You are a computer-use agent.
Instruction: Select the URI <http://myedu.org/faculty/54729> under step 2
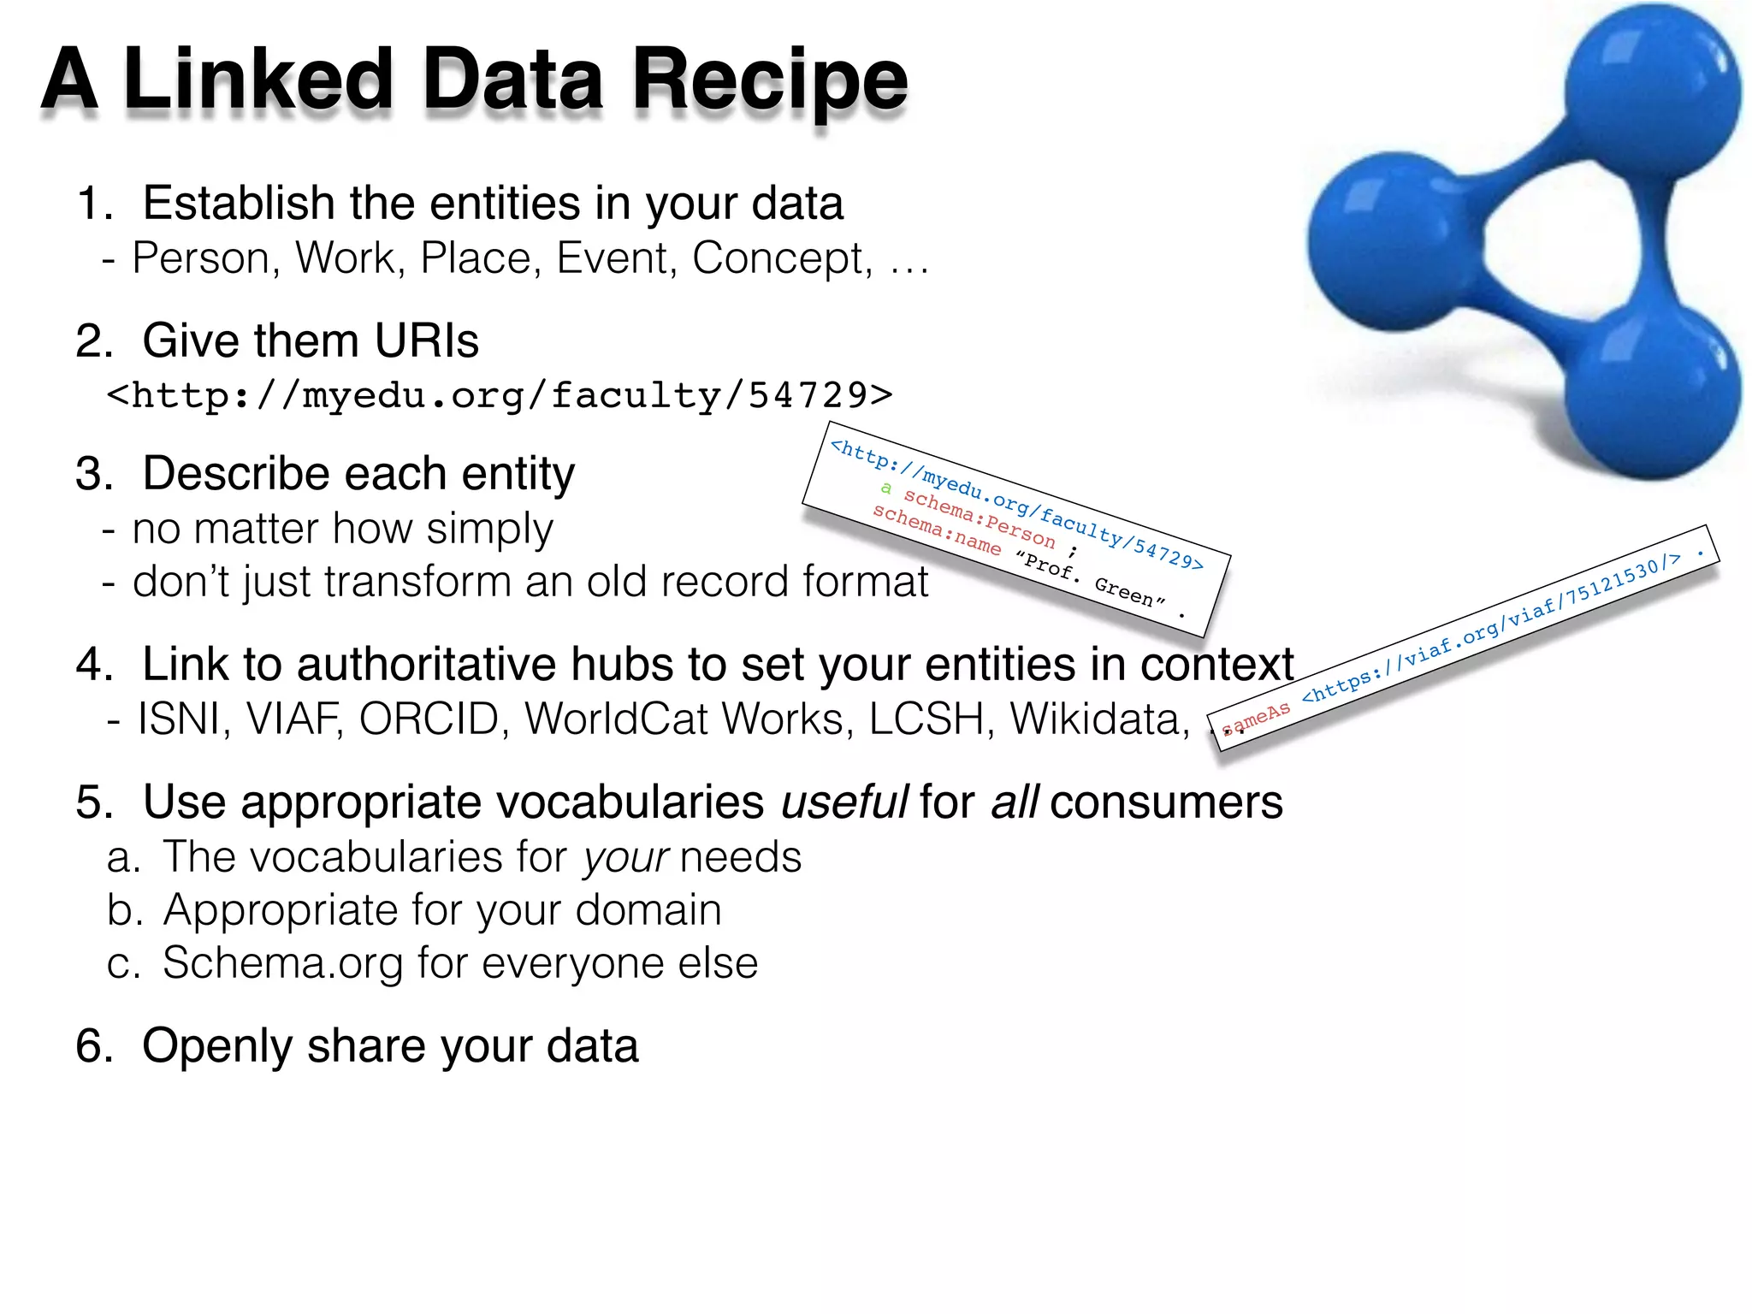coord(500,395)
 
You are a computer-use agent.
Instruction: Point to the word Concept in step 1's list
coord(782,258)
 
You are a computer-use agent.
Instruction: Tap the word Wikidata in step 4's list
coord(1100,719)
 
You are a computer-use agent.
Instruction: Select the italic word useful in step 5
coord(844,802)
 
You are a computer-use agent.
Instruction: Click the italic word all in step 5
coord(1015,802)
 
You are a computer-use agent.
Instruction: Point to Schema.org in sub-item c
coord(282,963)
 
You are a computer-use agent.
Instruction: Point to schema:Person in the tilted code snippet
coord(980,518)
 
